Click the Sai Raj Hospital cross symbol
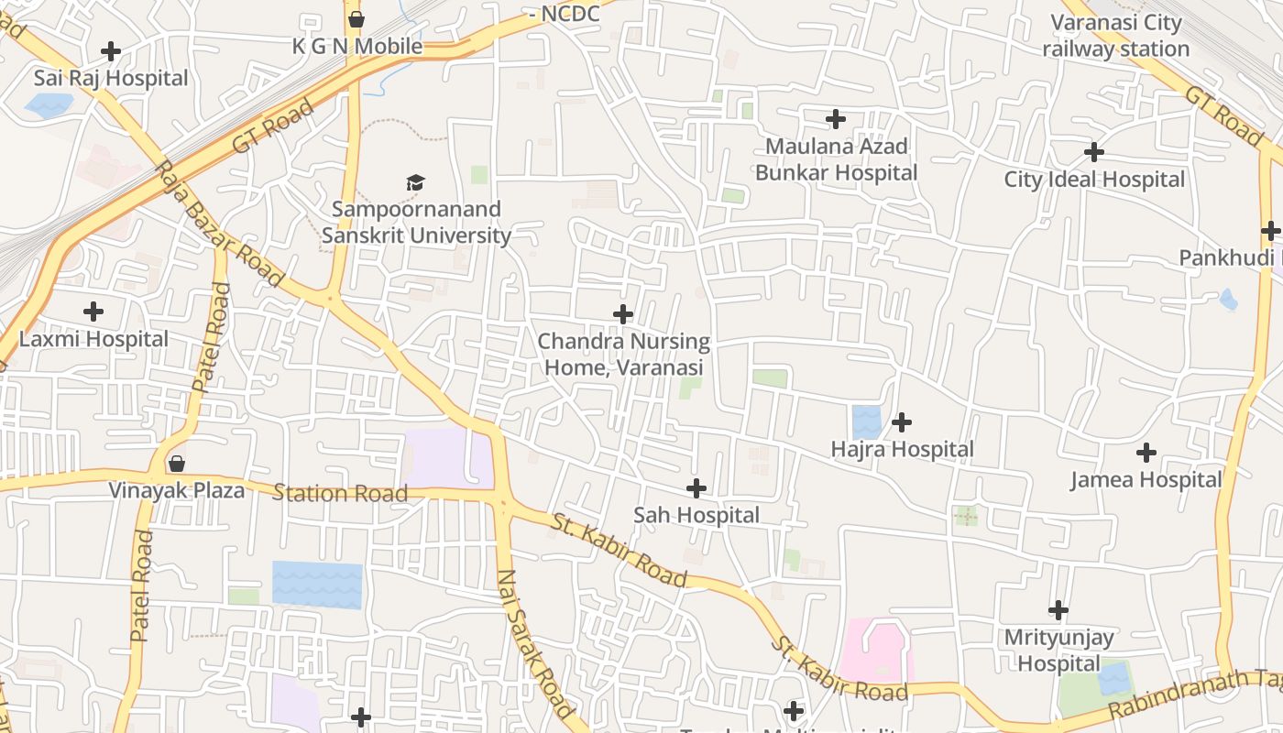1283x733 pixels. (111, 51)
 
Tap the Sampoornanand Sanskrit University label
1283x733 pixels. (416, 223)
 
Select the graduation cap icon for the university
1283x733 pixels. (416, 183)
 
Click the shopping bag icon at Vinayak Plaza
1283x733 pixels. (176, 464)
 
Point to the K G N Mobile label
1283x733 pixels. (357, 46)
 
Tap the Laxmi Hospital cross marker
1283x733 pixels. (93, 312)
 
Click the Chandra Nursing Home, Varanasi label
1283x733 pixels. (623, 355)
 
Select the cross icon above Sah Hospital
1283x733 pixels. (696, 488)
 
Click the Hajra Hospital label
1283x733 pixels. (902, 449)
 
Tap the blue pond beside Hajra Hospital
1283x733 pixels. (866, 422)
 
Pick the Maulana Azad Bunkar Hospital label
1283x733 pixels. (836, 159)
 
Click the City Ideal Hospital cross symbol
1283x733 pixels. (1093, 152)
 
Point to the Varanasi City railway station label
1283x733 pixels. (1116, 36)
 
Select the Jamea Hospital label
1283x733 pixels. (1146, 479)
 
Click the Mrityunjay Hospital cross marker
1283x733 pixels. (1058, 610)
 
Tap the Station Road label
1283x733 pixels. (340, 494)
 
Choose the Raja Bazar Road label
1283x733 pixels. (219, 224)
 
